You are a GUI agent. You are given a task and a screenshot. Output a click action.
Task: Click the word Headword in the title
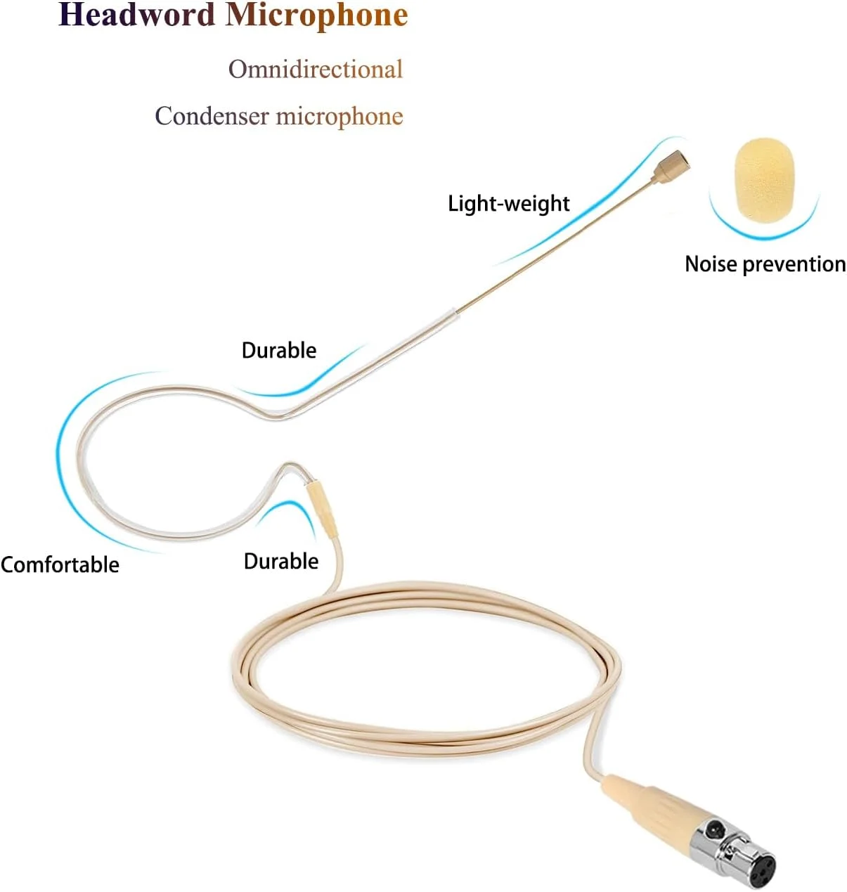coord(136,15)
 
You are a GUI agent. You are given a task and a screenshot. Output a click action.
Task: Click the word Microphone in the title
coord(317,16)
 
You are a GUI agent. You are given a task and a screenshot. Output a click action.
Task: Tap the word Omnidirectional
coord(316,70)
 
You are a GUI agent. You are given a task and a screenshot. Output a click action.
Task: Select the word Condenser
coord(212,116)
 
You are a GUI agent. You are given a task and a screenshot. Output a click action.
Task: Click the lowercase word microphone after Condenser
coord(340,117)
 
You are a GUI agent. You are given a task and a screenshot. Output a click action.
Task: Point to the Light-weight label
coord(509,204)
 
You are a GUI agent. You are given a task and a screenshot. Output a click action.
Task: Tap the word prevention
coord(794,265)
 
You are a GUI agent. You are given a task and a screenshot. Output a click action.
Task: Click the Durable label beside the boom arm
coord(279,351)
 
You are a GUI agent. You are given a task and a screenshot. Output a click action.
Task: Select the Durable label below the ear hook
coord(281,562)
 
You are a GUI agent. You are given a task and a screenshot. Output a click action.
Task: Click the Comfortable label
coord(60,565)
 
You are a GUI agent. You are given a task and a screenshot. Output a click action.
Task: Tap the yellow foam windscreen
coord(765,181)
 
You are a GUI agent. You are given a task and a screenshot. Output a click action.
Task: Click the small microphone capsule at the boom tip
coord(671,167)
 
